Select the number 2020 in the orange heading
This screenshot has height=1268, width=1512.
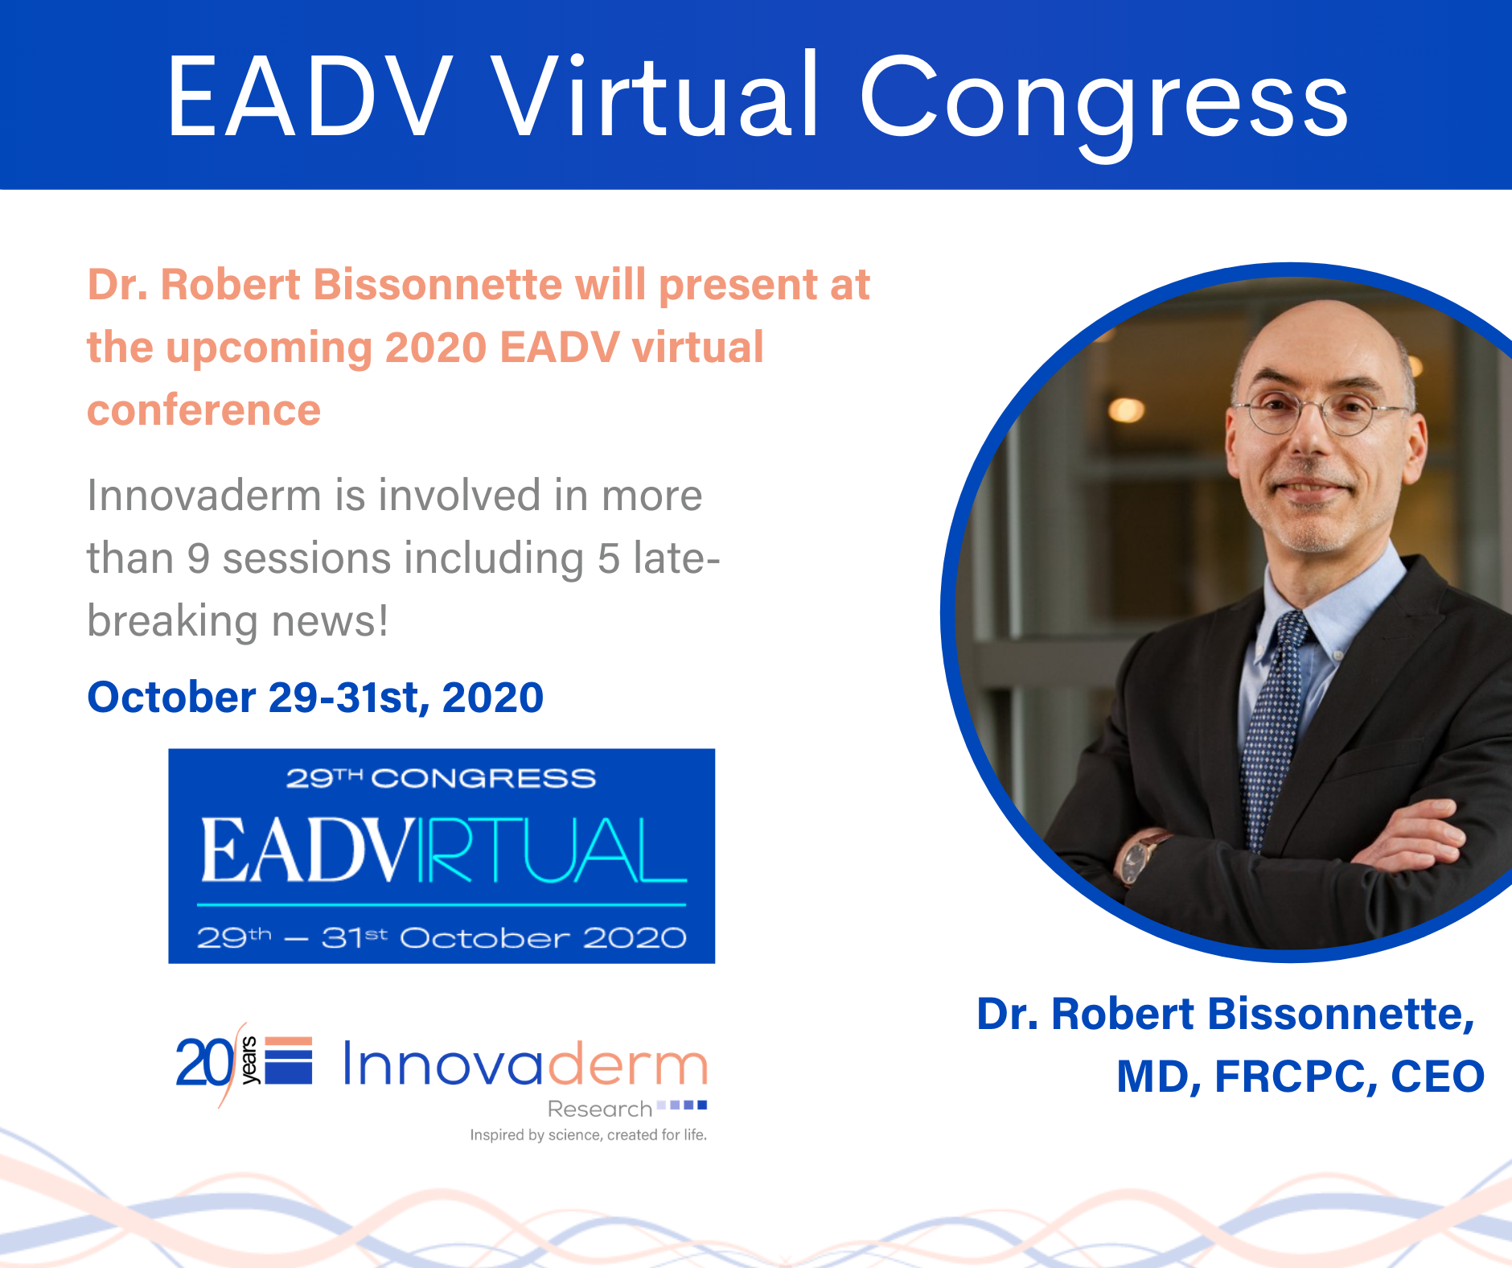(436, 348)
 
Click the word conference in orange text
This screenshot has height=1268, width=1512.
(203, 410)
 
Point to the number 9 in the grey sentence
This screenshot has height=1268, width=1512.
(199, 558)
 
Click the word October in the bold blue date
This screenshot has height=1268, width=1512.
(171, 697)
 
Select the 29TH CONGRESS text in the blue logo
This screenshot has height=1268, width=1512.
(441, 778)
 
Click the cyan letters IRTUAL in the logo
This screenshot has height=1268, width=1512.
(552, 850)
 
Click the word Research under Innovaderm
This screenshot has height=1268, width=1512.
(600, 1109)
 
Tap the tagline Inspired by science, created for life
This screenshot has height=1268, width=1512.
(589, 1135)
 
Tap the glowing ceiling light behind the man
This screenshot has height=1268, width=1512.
(1126, 410)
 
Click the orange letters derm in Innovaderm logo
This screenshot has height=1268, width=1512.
(627, 1064)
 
